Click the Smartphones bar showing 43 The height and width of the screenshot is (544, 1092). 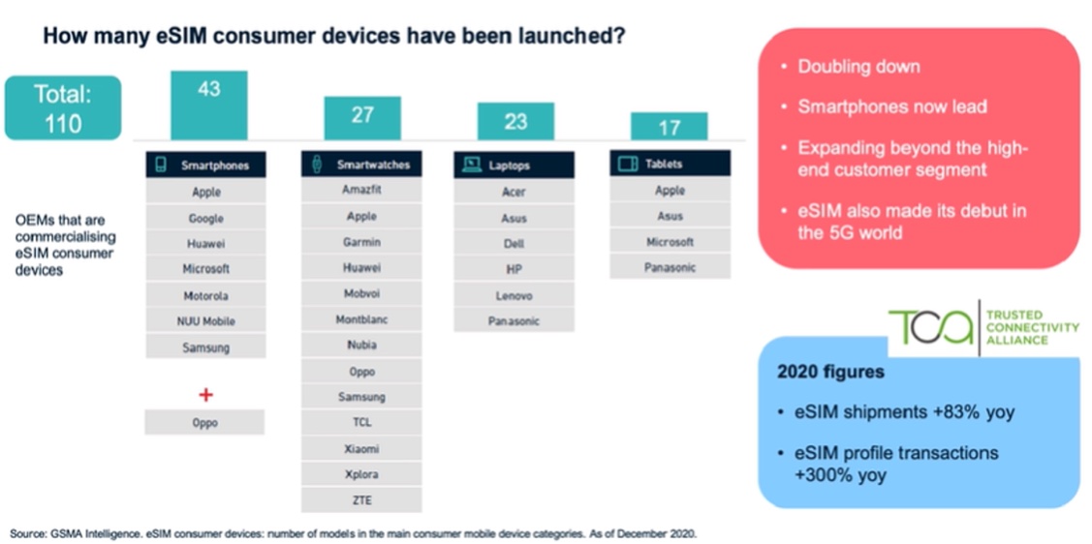click(x=208, y=105)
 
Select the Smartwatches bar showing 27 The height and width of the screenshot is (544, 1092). click(x=361, y=117)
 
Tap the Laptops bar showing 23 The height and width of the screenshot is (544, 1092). click(x=515, y=121)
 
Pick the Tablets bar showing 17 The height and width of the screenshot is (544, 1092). click(x=669, y=126)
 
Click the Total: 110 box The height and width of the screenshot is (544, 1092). click(x=63, y=108)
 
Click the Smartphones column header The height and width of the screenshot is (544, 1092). click(x=205, y=165)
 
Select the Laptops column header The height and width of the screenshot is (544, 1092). click(x=514, y=166)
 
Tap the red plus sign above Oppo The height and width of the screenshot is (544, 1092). click(x=205, y=395)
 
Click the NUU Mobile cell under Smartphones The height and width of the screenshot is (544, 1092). click(x=205, y=320)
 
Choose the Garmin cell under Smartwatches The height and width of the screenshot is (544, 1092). click(x=361, y=242)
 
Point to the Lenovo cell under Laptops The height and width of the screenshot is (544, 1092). click(x=514, y=295)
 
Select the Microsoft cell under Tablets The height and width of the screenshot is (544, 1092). click(x=670, y=242)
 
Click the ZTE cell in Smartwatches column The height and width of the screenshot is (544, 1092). click(x=361, y=499)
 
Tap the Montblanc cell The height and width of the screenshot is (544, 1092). click(x=361, y=319)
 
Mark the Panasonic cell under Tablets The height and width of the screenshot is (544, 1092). click(x=670, y=267)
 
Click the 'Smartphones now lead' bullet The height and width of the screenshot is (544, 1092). click(x=891, y=106)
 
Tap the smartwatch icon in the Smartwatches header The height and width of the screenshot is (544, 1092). click(x=315, y=165)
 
